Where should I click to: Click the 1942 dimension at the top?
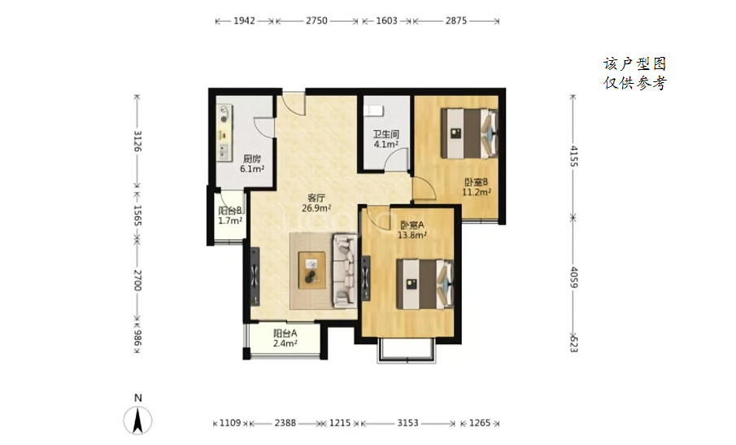(244, 20)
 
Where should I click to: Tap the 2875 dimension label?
(455, 20)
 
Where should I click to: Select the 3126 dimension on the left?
(137, 141)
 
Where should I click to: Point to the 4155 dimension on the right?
(573, 156)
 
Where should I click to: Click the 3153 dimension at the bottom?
(407, 423)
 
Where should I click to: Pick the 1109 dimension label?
(230, 423)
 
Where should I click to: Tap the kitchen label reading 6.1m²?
(252, 168)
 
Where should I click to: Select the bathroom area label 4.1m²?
(386, 144)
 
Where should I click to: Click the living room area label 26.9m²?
(317, 208)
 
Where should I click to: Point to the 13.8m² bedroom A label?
(412, 235)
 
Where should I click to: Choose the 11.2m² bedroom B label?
(477, 191)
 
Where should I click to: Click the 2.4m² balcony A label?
(285, 343)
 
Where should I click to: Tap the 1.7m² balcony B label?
(230, 220)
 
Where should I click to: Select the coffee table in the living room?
(312, 270)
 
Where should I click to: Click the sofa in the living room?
(345, 271)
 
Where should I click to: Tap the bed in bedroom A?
(425, 284)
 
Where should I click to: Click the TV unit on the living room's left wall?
(255, 276)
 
